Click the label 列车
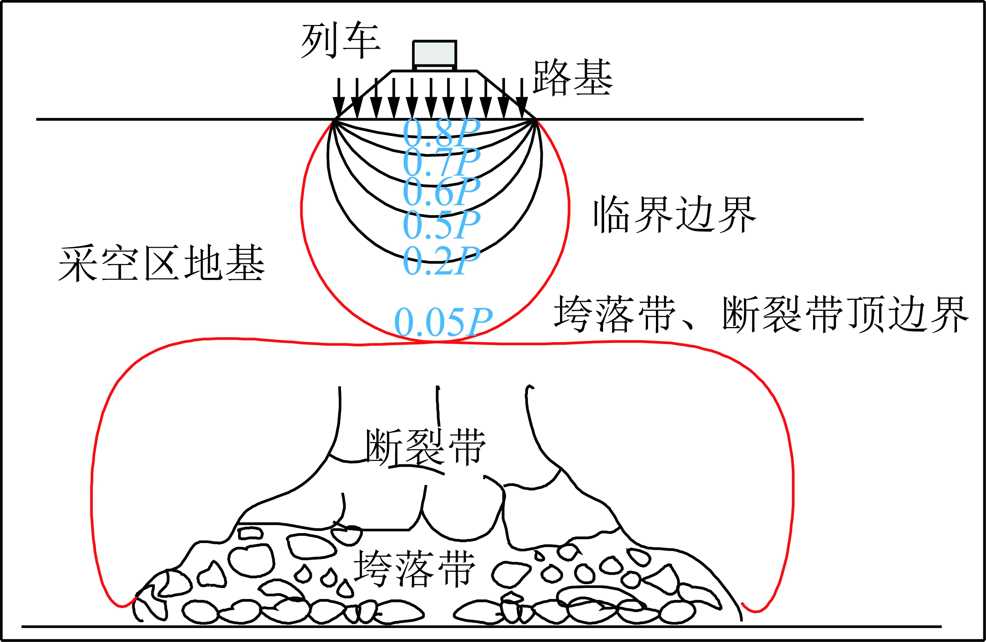[340, 41]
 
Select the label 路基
[572, 77]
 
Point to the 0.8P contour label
[441, 132]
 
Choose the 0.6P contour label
[441, 191]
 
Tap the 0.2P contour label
[441, 260]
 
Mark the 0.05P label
[443, 322]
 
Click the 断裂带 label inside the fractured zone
[425, 448]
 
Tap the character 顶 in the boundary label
[866, 313]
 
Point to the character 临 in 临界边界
[612, 215]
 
